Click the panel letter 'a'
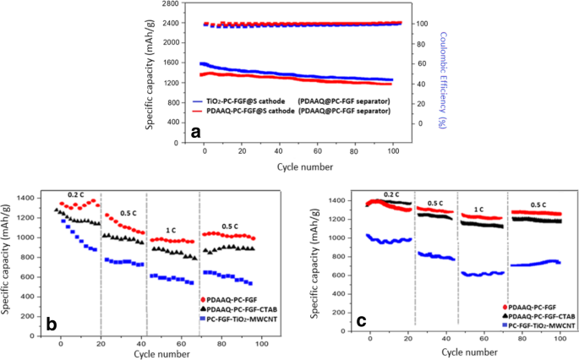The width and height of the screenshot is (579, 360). click(196, 132)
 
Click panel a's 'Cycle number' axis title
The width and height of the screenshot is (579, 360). click(306, 166)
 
